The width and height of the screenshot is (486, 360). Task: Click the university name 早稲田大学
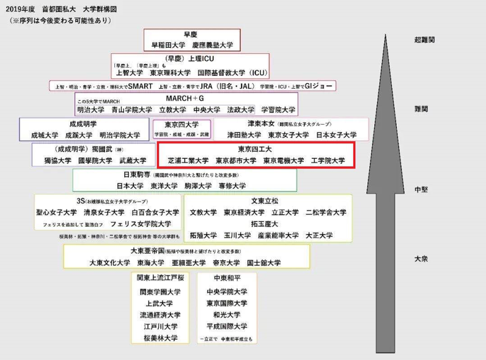[x=168, y=45]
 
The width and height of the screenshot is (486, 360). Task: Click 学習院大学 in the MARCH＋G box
[x=278, y=110]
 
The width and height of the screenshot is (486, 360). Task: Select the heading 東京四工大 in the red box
[x=256, y=149]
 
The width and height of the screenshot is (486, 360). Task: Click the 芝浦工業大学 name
[x=188, y=161]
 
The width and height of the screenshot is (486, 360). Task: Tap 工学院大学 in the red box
[x=328, y=161]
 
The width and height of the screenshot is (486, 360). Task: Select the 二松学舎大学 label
[x=325, y=212]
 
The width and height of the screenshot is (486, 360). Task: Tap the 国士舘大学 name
[x=263, y=263]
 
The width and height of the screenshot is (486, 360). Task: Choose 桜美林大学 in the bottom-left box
[x=160, y=337]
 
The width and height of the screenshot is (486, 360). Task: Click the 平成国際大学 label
[x=227, y=326]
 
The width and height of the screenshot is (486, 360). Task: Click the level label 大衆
[x=421, y=259]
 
